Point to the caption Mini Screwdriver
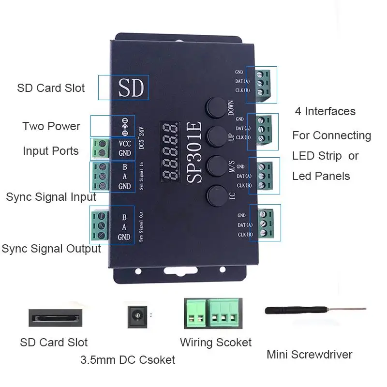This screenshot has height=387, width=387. pyautogui.click(x=309, y=355)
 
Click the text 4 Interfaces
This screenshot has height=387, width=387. pyautogui.click(x=325, y=111)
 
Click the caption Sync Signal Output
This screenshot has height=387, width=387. pyautogui.click(x=51, y=249)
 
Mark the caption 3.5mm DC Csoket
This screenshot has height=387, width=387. pyautogui.click(x=128, y=360)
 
